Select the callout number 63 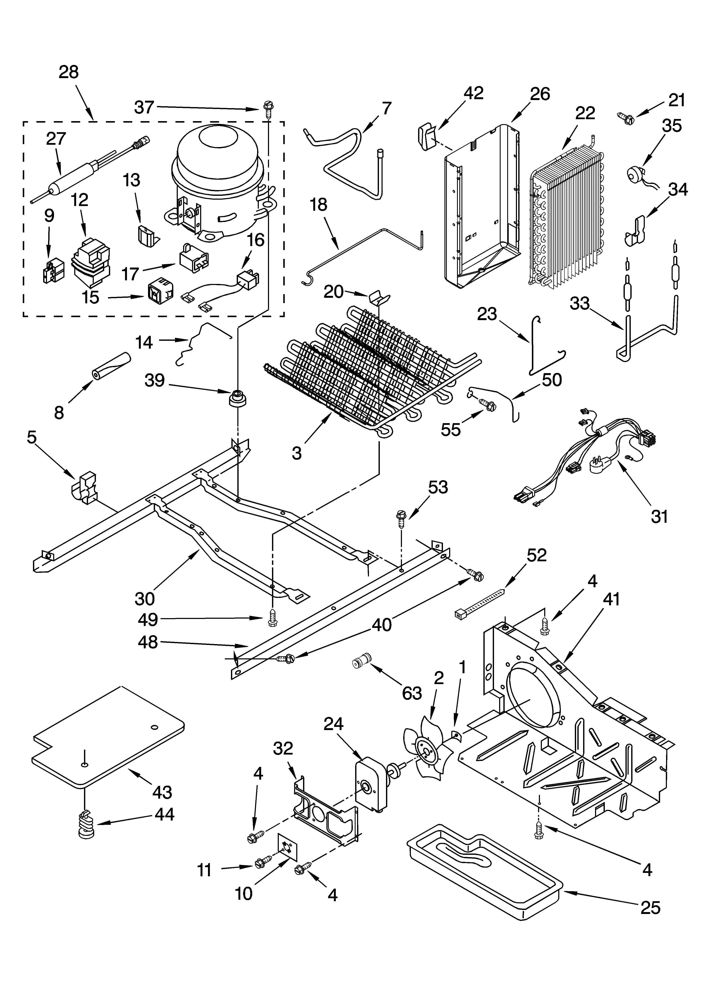pyautogui.click(x=412, y=693)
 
